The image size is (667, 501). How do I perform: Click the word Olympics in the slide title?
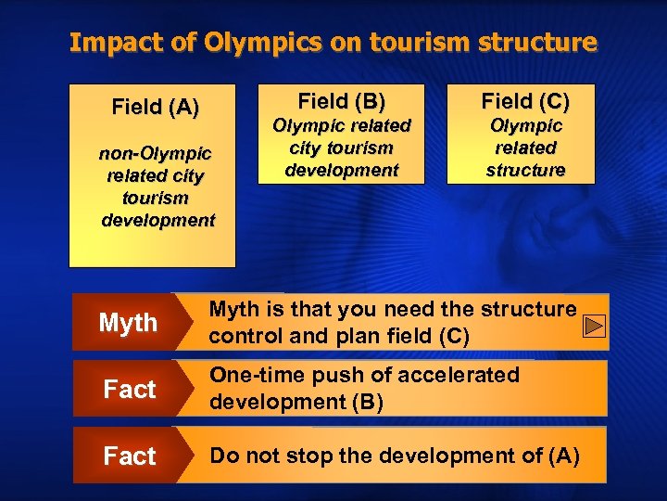click(x=236, y=43)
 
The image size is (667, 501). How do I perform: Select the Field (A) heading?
click(x=155, y=108)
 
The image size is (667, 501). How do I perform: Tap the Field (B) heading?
click(x=341, y=100)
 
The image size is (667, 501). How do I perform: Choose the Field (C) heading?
click(x=525, y=100)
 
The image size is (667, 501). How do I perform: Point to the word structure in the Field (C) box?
click(x=525, y=170)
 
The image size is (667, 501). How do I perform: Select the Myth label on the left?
click(x=128, y=323)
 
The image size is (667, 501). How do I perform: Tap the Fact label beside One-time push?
click(x=129, y=390)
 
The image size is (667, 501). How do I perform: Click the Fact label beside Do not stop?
click(x=129, y=456)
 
